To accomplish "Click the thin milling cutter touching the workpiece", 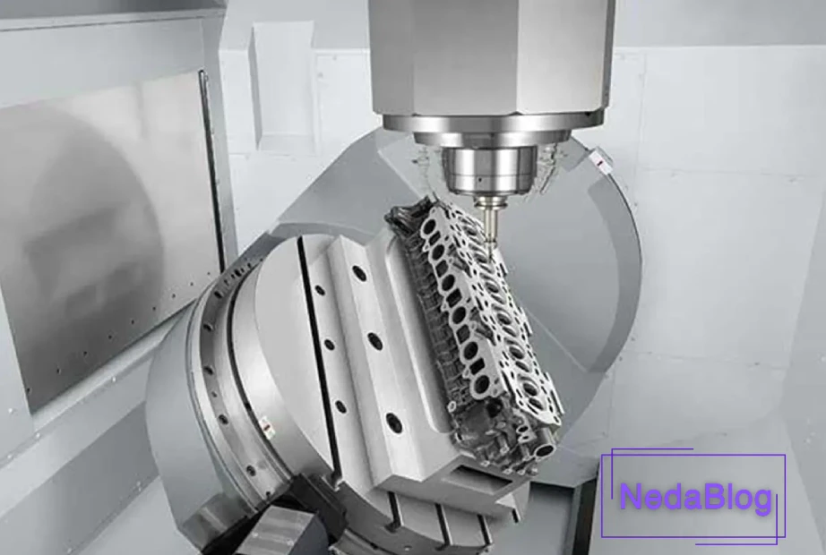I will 489,218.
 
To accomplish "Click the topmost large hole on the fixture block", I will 359,272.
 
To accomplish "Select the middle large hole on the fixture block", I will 375,341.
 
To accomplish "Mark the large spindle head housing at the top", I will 492,54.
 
